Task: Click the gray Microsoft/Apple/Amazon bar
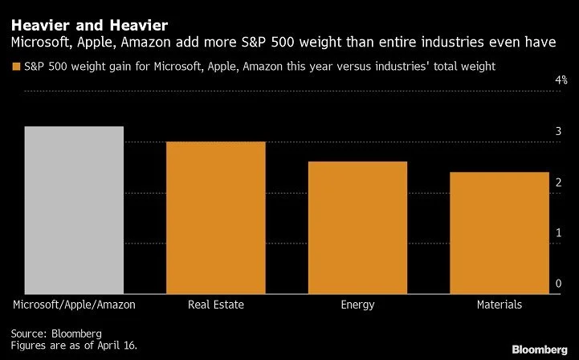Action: [x=74, y=210]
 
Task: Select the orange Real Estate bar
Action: [x=215, y=217]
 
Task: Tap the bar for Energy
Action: [x=357, y=227]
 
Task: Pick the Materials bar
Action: [x=499, y=232]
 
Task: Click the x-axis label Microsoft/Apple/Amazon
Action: [x=74, y=305]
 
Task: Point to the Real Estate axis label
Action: [x=215, y=305]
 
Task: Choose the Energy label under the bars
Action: [x=357, y=305]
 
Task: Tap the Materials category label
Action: [x=499, y=305]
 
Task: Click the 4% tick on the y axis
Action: [x=561, y=81]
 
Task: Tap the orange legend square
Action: [x=15, y=66]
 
